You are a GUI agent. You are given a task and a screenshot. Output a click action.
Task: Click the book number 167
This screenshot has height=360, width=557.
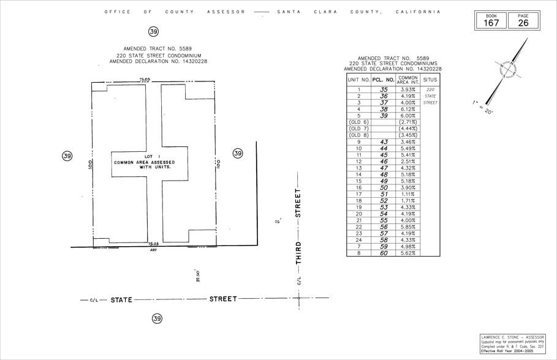click(x=492, y=23)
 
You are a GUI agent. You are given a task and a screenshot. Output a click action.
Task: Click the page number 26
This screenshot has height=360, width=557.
click(x=523, y=23)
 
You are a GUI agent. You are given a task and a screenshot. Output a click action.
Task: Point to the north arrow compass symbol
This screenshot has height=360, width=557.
click(x=508, y=70)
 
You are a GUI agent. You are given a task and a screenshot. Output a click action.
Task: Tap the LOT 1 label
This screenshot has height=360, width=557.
click(x=144, y=157)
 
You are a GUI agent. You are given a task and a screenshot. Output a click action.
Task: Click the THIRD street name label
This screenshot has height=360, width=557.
click(x=298, y=252)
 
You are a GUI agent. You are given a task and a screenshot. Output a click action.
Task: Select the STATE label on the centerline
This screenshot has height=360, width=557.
click(x=121, y=300)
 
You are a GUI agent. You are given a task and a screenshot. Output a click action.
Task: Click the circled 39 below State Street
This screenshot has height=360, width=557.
click(x=157, y=318)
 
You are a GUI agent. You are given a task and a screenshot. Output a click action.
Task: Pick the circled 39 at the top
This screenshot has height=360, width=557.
click(x=153, y=31)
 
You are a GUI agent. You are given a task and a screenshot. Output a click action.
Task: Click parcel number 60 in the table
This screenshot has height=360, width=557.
click(x=384, y=253)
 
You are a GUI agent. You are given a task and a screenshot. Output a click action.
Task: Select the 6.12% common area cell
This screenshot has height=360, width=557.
click(x=407, y=109)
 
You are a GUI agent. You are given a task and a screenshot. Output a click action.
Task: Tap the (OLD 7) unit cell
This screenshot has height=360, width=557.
click(x=358, y=129)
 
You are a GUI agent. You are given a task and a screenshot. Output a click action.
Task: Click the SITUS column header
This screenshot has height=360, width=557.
click(x=430, y=80)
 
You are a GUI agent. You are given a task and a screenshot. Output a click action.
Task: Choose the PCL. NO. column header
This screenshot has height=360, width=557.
click(x=384, y=80)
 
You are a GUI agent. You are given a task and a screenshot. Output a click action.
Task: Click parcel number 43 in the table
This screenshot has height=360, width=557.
click(x=384, y=141)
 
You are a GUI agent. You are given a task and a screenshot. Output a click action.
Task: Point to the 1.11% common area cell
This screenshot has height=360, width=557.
click(x=407, y=194)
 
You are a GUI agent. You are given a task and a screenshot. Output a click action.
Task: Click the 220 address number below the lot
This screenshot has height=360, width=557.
click(x=153, y=250)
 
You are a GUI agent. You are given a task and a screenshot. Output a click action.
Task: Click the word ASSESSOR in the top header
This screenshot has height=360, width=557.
click(x=226, y=12)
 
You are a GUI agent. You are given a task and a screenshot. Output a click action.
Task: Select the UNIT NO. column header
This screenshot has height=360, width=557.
click(x=358, y=80)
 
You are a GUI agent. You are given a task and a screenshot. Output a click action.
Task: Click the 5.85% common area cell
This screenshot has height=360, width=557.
click(x=407, y=227)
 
